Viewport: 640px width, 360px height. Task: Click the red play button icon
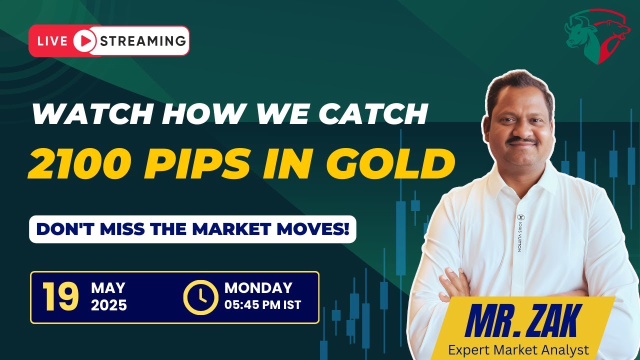pos(85,41)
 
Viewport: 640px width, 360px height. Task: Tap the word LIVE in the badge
pos(52,41)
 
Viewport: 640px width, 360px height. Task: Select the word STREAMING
pos(143,40)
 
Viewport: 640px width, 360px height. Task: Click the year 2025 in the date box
pos(109,305)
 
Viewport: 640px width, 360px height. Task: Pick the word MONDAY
pos(258,288)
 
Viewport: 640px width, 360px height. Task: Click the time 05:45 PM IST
pos(263,304)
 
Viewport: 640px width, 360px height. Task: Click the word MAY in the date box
pos(108,288)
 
